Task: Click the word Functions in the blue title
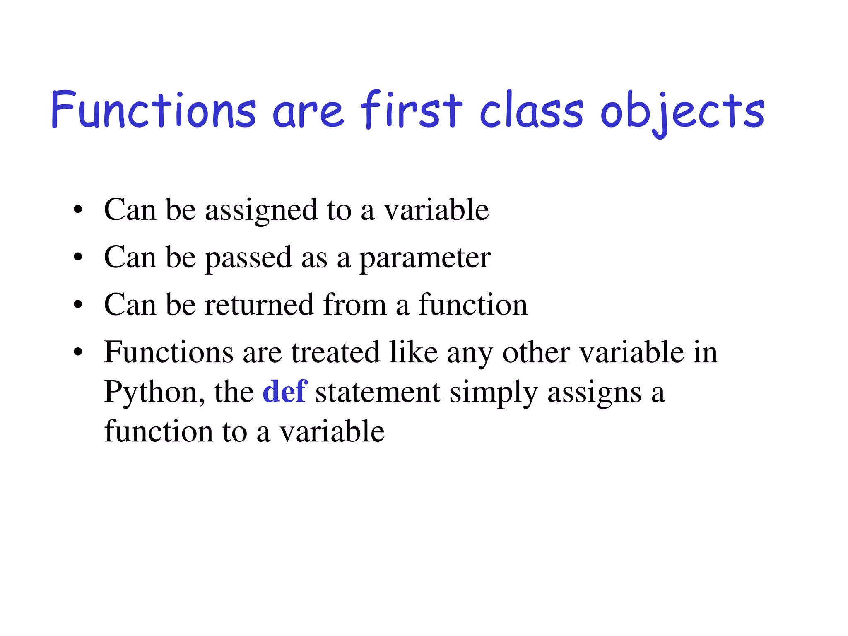point(153,110)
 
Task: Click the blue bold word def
point(285,391)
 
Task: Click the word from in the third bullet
point(354,305)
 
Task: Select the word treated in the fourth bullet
point(335,352)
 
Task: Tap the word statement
point(378,392)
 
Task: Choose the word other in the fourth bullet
point(536,352)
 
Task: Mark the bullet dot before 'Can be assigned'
point(78,210)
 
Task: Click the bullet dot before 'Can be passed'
point(78,258)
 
